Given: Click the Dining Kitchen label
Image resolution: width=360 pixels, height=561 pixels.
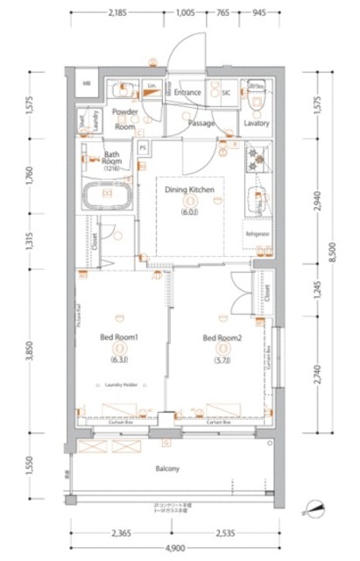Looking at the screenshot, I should pos(190,189).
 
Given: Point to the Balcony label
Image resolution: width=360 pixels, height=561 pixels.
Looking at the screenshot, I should pos(168,468).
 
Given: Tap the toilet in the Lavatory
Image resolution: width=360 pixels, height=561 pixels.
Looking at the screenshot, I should pos(257,103).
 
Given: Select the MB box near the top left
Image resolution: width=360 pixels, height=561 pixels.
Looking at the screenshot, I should pos(87,85).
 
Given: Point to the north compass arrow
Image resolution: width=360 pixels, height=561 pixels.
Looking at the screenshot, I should pos(316,507).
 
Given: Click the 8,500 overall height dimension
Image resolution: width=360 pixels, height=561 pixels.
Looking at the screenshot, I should pos(331,253).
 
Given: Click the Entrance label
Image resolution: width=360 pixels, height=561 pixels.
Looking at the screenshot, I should pos(187,92).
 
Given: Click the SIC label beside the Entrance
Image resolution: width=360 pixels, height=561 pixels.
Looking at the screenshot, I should pos(225,92).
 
